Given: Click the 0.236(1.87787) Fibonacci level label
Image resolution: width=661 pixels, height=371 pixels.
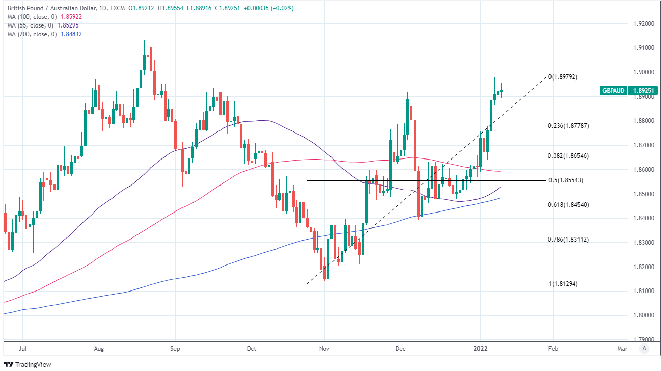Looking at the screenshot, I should [x=568, y=126].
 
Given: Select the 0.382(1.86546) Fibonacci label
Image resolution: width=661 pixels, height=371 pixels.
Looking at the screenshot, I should [x=568, y=156].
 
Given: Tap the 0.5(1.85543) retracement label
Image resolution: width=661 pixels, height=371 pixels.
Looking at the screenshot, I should [x=566, y=180].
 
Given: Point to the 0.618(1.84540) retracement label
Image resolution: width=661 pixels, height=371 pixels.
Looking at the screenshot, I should [x=568, y=205].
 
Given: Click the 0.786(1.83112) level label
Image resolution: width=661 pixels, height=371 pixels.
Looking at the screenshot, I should [x=568, y=239].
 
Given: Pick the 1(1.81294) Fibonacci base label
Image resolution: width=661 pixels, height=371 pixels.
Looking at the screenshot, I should [x=563, y=284].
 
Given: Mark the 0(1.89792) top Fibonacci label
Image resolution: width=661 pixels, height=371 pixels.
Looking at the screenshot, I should [x=563, y=77].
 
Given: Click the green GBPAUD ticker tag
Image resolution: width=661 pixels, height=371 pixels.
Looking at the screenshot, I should [x=614, y=90].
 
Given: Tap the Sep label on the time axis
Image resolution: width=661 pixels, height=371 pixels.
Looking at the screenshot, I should [x=175, y=349].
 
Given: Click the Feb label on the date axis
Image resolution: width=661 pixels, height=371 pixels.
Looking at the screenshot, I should [x=553, y=349].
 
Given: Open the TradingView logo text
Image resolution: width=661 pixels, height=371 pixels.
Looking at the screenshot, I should [x=33, y=364].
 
